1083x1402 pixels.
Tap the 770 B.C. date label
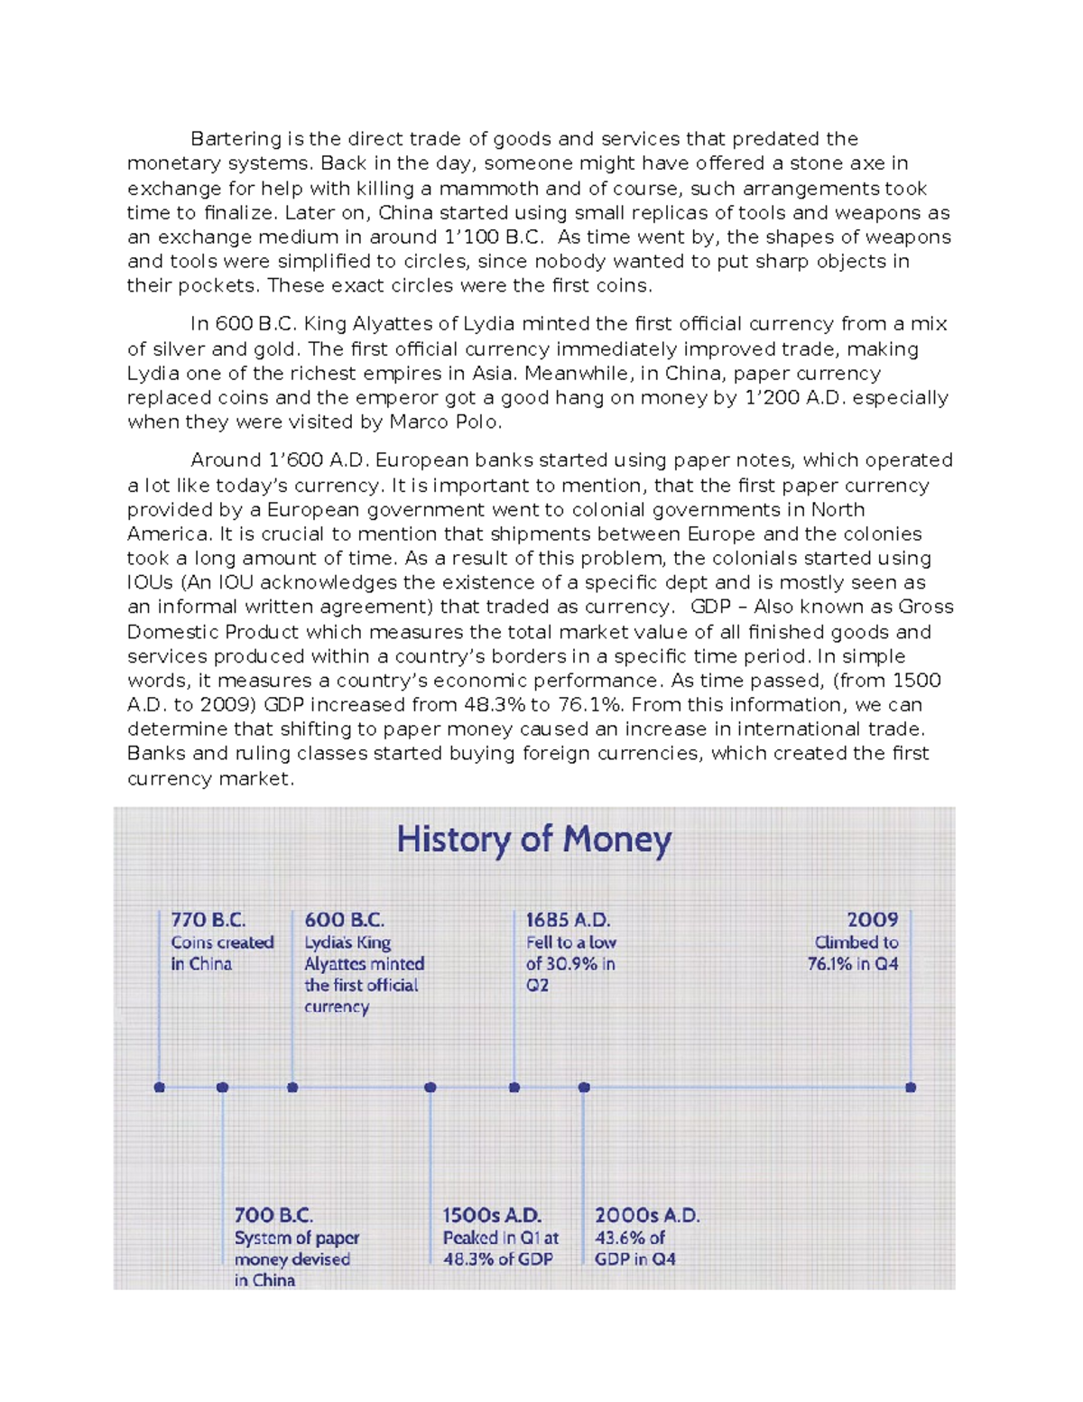click(x=208, y=920)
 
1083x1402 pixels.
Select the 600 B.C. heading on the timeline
click(x=344, y=920)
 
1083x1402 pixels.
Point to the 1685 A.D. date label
click(x=568, y=920)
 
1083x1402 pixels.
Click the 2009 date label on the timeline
click(x=872, y=920)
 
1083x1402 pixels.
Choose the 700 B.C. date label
click(x=273, y=1215)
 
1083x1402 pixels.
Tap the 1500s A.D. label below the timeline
click(x=491, y=1215)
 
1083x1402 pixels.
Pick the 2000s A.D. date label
click(x=646, y=1215)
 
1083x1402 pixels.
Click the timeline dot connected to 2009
click(x=911, y=1088)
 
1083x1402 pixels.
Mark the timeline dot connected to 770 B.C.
click(x=160, y=1088)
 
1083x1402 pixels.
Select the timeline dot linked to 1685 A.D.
click(x=514, y=1088)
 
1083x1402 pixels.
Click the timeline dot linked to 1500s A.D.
click(x=430, y=1088)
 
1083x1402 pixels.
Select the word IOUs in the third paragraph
click(x=150, y=583)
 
